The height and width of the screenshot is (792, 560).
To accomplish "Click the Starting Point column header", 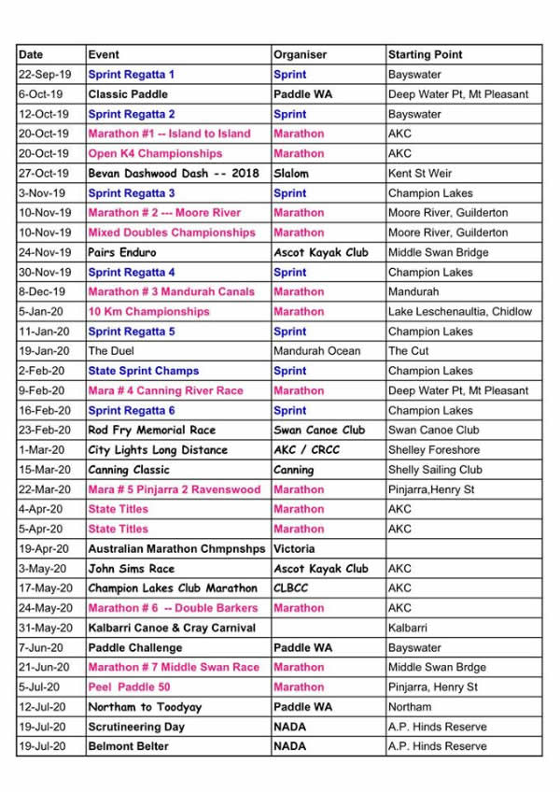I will [425, 54].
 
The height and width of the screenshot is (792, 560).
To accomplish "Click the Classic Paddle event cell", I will [121, 94].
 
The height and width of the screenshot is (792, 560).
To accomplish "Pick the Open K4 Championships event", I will [155, 153].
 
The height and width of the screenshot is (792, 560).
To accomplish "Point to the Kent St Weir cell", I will [421, 174].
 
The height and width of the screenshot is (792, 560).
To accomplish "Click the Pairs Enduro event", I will [122, 252].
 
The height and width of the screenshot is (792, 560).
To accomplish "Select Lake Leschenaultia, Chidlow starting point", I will [460, 312].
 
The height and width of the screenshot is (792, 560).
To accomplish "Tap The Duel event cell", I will [111, 351].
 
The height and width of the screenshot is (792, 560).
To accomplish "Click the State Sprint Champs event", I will [144, 371].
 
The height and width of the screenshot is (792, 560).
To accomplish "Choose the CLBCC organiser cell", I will [290, 588].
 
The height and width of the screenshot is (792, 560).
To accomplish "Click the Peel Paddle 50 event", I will [130, 687].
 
